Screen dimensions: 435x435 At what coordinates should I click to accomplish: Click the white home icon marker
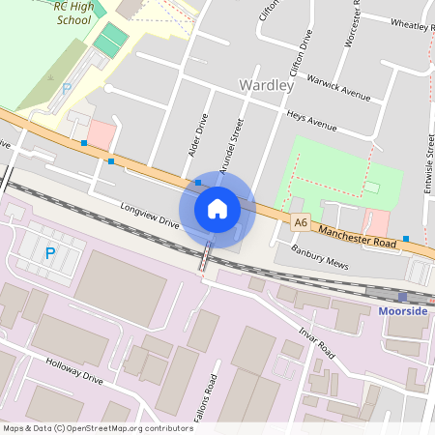(217, 208)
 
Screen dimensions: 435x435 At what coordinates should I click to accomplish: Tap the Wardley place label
(266, 86)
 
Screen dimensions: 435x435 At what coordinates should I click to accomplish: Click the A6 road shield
(301, 223)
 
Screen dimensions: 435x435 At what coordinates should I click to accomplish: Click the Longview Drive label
(150, 215)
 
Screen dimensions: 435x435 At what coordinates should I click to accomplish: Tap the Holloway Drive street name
(73, 371)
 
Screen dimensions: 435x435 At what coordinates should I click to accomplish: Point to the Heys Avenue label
(311, 121)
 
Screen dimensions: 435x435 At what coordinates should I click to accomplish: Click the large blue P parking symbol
(49, 253)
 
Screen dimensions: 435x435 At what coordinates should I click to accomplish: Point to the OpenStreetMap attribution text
(97, 428)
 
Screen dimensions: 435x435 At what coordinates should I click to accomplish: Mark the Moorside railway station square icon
(401, 296)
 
